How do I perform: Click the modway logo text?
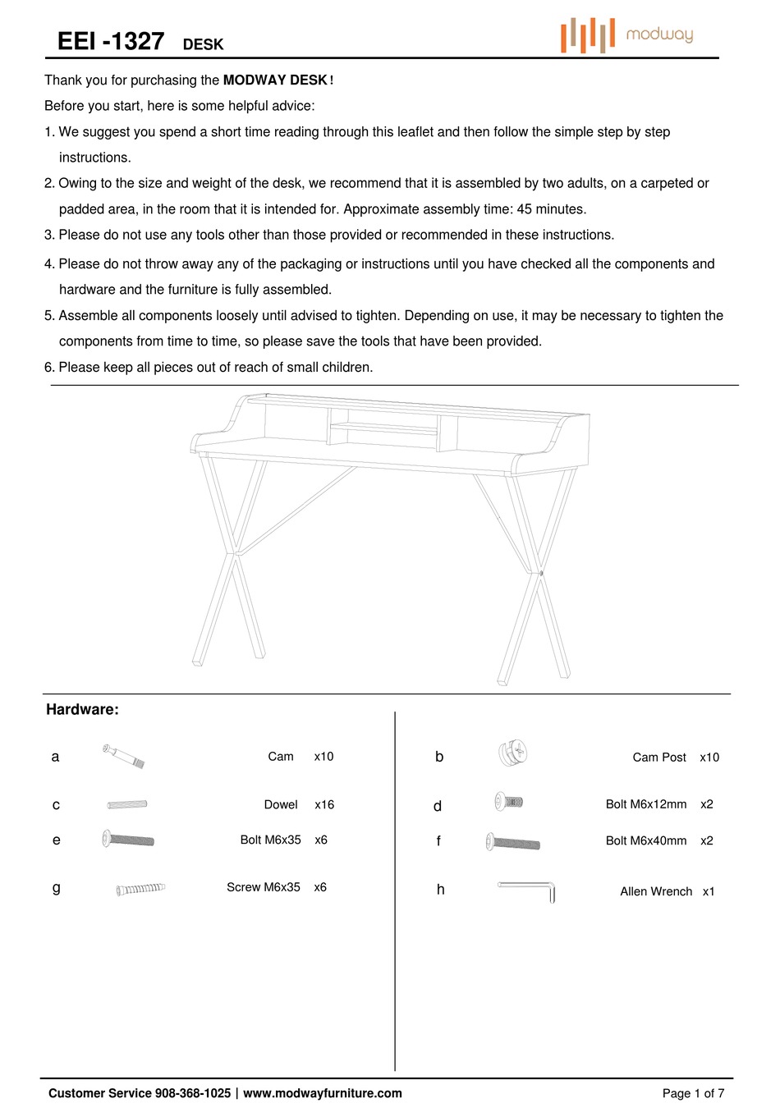658,34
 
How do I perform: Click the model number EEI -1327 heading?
111,42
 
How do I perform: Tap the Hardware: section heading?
82,710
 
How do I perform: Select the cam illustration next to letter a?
124,755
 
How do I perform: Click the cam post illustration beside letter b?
512,753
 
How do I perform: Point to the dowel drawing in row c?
127,804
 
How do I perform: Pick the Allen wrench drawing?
527,889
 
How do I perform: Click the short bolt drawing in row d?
508,802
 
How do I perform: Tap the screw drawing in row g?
140,888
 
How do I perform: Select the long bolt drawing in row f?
513,842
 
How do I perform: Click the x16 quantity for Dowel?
324,805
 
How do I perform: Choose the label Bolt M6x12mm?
646,804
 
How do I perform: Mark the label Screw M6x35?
264,887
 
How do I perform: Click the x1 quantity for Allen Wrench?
709,891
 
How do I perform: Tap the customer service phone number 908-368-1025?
192,1093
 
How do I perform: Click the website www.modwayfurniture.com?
323,1093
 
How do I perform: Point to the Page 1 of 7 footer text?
693,1093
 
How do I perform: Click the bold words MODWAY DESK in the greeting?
275,80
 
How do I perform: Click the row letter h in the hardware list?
441,890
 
